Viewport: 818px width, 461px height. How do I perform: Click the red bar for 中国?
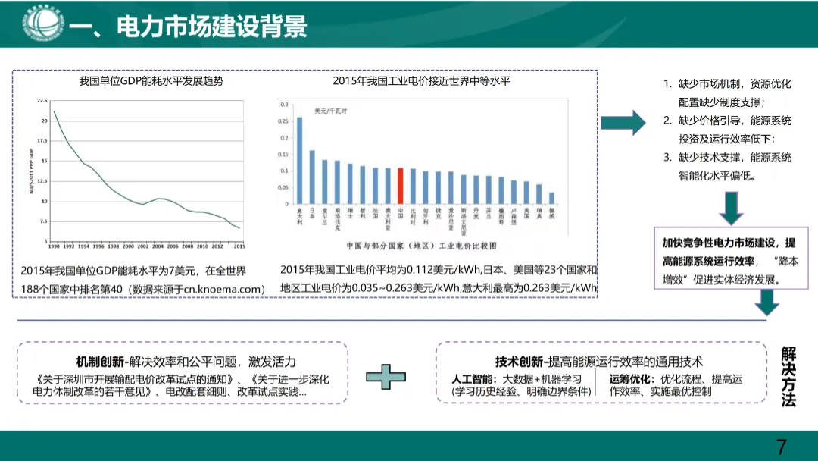pos(401,186)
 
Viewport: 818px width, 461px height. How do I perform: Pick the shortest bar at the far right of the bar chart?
pos(551,199)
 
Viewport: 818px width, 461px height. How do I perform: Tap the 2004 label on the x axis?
pos(157,246)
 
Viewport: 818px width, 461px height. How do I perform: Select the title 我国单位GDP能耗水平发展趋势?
pos(151,80)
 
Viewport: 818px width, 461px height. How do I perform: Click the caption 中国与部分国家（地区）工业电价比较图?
pos(421,246)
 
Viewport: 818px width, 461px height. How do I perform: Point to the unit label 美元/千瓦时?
pos(331,111)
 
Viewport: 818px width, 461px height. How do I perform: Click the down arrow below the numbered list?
pos(731,208)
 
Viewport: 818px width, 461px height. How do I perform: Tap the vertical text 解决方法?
pos(788,377)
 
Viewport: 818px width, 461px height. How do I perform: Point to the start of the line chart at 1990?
pos(54,112)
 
